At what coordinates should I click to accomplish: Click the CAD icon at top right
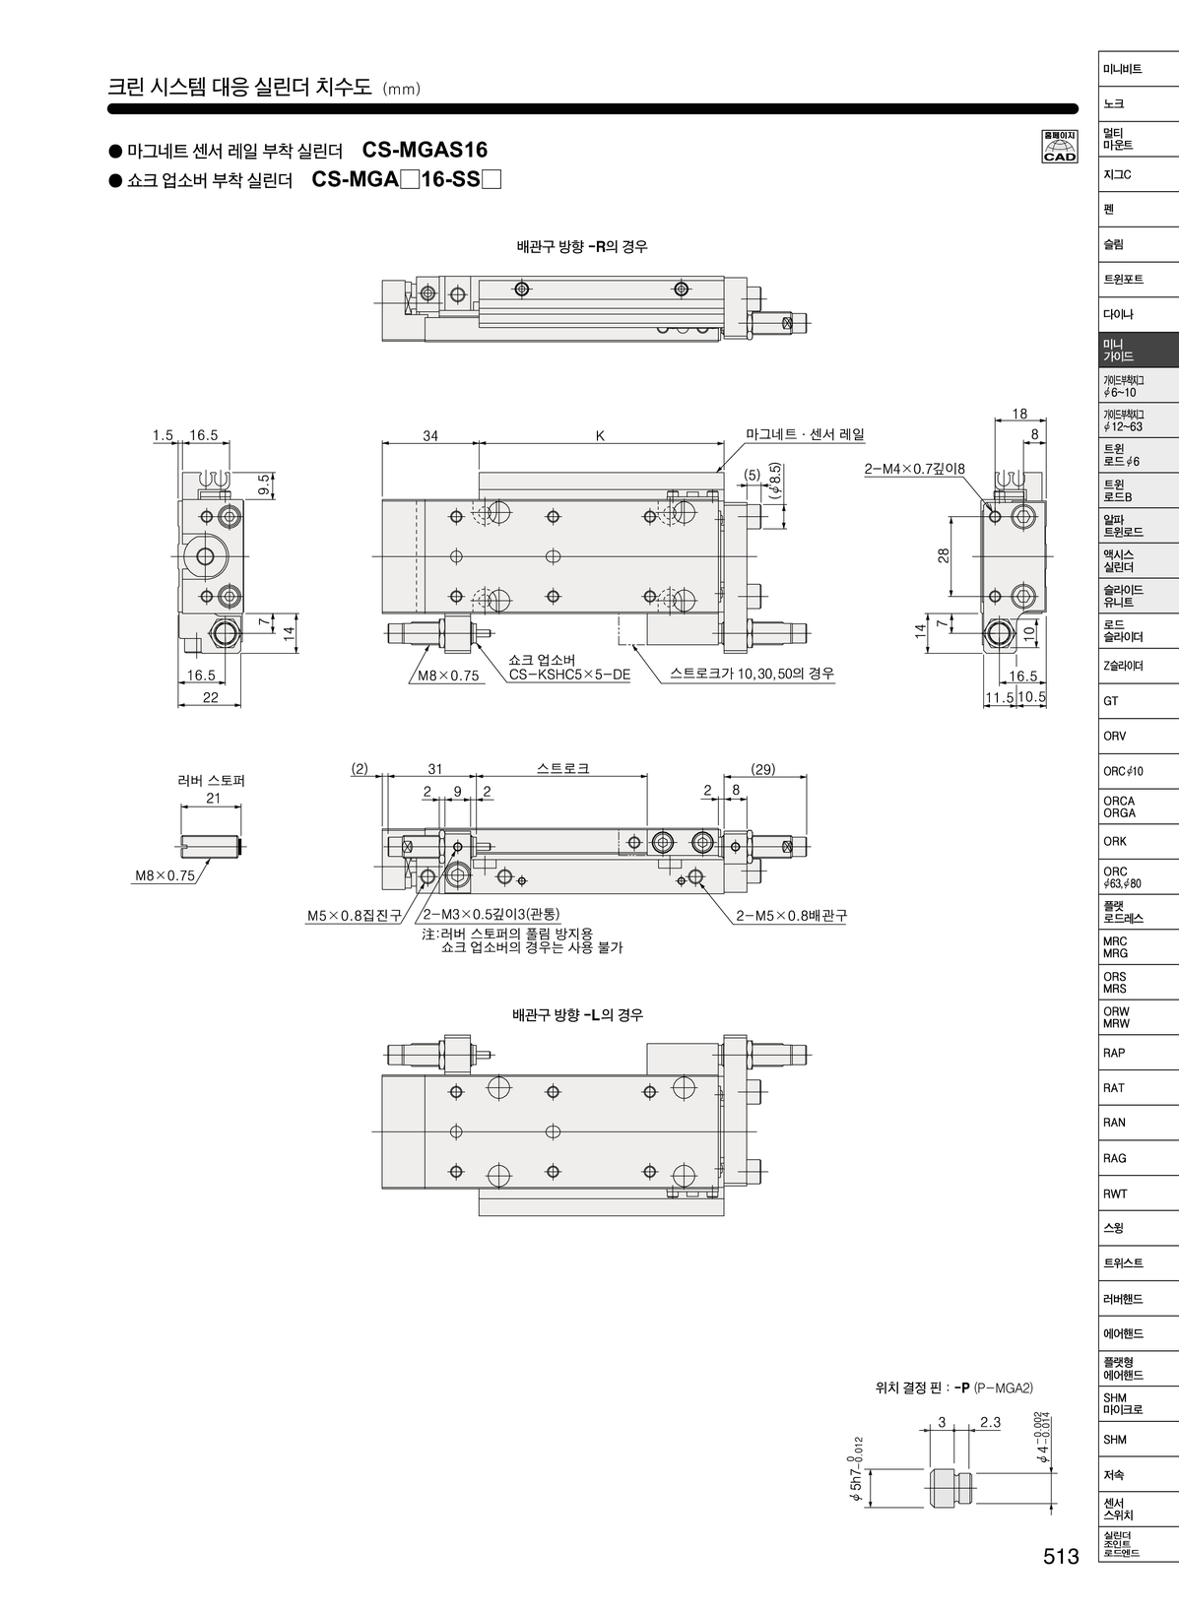(1060, 146)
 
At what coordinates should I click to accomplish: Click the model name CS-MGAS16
(425, 150)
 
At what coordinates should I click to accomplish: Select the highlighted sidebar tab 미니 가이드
(1138, 350)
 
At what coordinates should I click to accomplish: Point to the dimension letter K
(600, 435)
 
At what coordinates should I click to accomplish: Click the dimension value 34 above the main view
(430, 435)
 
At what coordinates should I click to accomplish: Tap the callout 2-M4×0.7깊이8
(915, 469)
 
